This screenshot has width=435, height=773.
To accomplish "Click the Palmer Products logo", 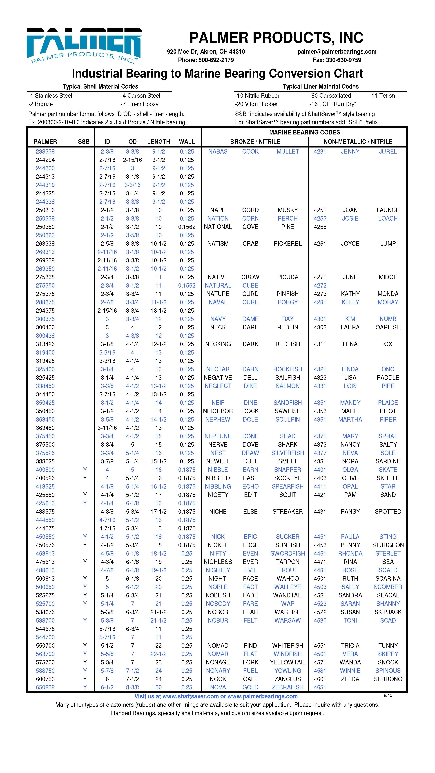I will (x=84, y=45).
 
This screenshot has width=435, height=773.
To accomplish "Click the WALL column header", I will (x=187, y=142).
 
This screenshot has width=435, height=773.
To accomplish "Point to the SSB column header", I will (x=84, y=142).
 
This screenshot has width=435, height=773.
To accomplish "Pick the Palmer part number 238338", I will (x=45, y=152).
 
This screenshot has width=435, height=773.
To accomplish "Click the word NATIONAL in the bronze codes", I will (x=218, y=227).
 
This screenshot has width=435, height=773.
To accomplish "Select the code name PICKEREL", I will (x=287, y=244).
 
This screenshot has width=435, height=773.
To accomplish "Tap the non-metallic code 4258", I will (x=320, y=227).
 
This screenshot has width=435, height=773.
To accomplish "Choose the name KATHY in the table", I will (x=350, y=294).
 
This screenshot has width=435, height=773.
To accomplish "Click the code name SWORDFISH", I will (x=287, y=553).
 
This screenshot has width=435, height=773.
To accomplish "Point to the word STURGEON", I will (x=388, y=545).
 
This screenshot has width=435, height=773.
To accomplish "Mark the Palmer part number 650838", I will (x=45, y=687).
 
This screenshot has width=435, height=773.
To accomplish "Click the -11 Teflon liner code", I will (x=382, y=96).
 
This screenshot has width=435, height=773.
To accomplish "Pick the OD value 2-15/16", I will (x=132, y=160).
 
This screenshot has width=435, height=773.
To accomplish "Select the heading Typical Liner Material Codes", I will (x=320, y=86).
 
